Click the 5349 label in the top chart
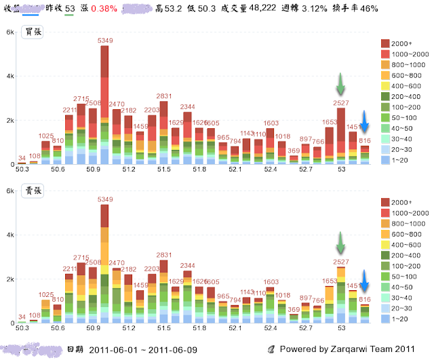(x=104, y=41)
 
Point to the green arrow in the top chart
(x=341, y=84)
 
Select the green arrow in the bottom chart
(x=341, y=243)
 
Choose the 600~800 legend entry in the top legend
(x=402, y=75)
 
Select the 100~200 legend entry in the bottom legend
(x=402, y=256)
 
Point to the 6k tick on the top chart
(x=9, y=33)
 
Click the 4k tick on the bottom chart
(x=9, y=235)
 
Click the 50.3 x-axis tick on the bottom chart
(x=22, y=327)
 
